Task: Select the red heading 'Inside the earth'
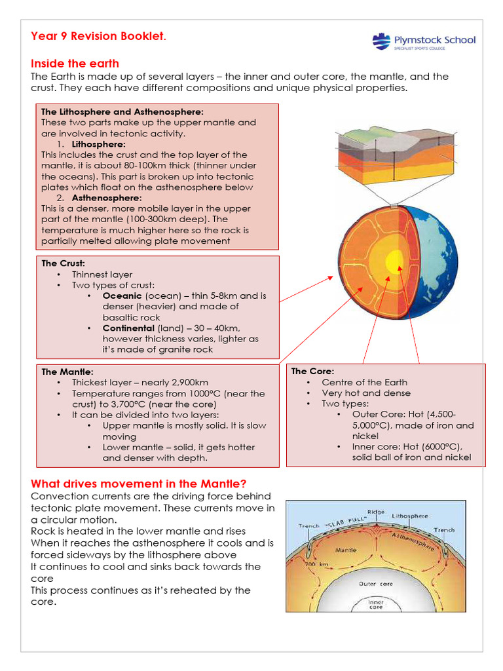click(75, 64)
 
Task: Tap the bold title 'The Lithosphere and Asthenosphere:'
click(122, 112)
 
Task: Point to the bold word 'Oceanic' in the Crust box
click(122, 296)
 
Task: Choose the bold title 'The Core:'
click(312, 371)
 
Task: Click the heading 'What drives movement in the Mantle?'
click(139, 484)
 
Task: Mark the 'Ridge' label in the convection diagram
click(376, 512)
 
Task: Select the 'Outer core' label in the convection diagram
click(376, 583)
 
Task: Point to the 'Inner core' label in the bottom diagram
click(376, 604)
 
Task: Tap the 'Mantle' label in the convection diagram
click(345, 550)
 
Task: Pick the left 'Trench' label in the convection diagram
click(308, 526)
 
